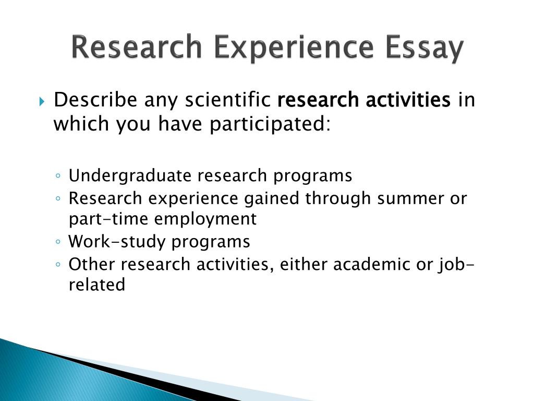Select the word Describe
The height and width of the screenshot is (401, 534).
[x=95, y=100]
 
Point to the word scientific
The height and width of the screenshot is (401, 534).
[x=228, y=100]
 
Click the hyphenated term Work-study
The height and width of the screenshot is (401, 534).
[x=117, y=241]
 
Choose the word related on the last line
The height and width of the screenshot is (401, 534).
[x=97, y=285]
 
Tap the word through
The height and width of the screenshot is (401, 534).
[x=337, y=199]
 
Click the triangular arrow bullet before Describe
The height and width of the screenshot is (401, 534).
[x=42, y=101]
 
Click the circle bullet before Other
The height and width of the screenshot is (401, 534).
[x=58, y=264]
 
